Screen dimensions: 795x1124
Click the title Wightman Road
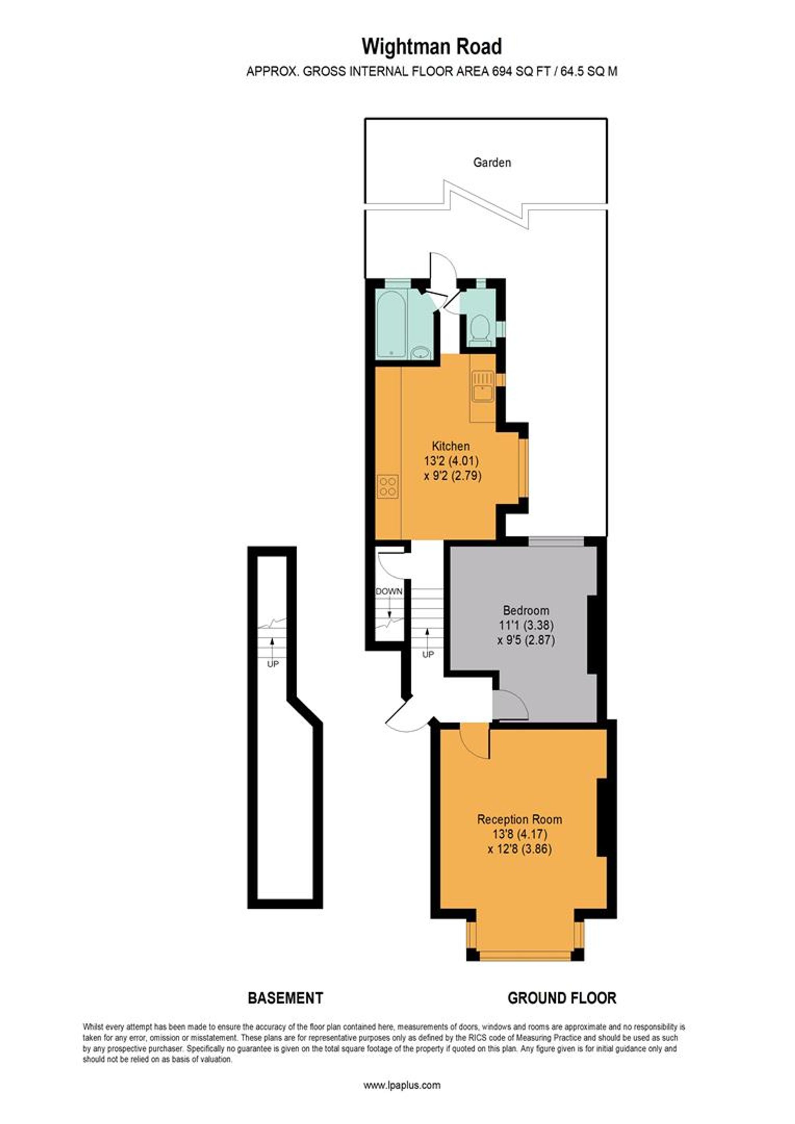pos(432,47)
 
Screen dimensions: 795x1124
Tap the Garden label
pos(492,163)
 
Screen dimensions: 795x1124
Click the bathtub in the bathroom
pos(391,324)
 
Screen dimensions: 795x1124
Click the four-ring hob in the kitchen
pos(388,487)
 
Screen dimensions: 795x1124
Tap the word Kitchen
pos(451,446)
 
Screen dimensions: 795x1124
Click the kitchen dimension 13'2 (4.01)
pos(451,461)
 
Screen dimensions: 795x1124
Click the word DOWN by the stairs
pos(389,591)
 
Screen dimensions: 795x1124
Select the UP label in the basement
pos(273,664)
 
